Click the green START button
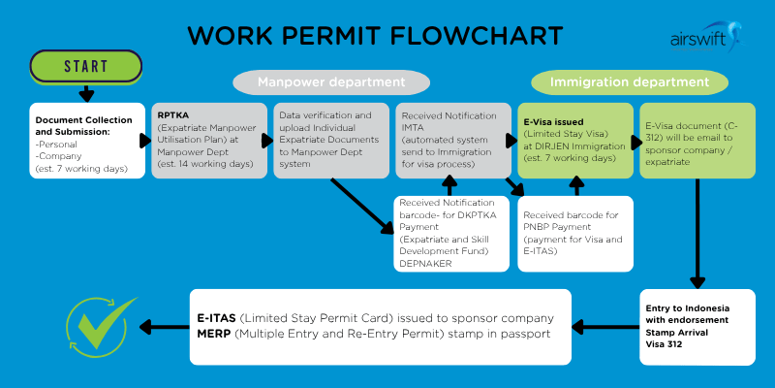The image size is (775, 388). pos(86,67)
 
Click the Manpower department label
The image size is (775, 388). pos(330,82)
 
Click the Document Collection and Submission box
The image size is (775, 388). pos(86,140)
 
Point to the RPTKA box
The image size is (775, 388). pos(208,140)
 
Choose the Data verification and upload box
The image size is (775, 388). pos(330,140)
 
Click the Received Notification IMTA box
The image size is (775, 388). pos(452,140)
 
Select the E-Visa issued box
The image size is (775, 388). pos(574,140)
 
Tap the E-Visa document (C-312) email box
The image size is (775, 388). pos(697,140)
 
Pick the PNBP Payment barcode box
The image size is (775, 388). pos(574,234)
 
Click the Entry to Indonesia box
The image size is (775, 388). pos(697,326)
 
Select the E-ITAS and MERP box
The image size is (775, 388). pos(376,326)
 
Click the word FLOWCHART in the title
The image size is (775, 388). pos(485,35)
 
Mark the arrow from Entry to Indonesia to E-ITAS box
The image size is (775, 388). pos(605,326)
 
